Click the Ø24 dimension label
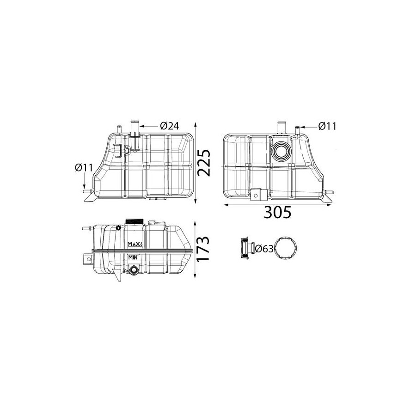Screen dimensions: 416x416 tap(170, 126)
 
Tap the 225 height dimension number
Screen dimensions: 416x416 tap(204, 163)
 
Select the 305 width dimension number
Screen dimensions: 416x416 tap(278, 212)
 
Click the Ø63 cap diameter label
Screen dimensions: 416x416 tap(264, 249)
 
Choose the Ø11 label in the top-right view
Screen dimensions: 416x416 tap(327, 126)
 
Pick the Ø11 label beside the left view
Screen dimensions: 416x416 tap(84, 168)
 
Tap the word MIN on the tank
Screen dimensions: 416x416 tap(133, 257)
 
